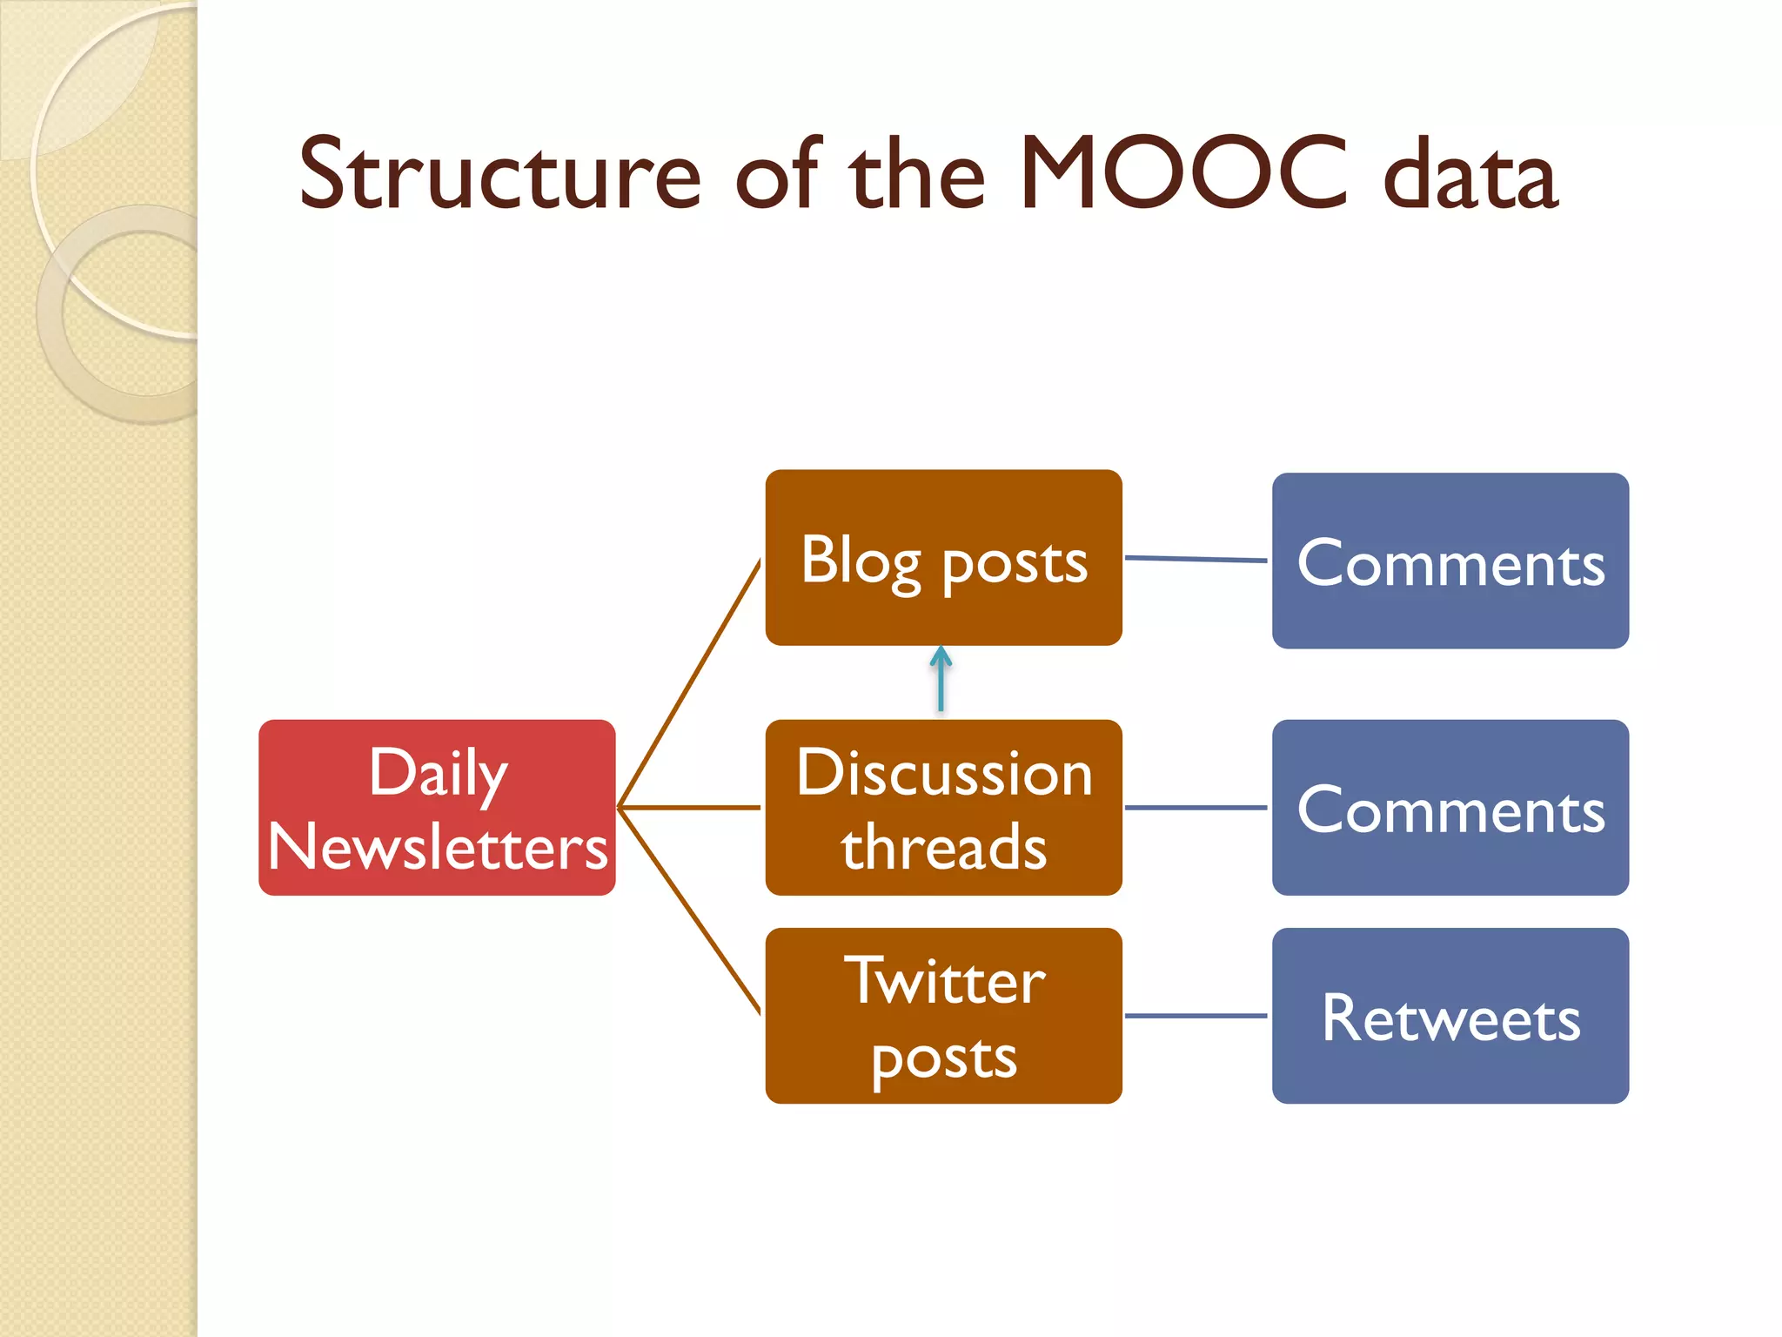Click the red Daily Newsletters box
pyautogui.click(x=437, y=807)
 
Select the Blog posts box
pyautogui.click(x=943, y=557)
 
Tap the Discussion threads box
pyautogui.click(x=943, y=807)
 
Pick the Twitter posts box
pyautogui.click(x=943, y=1015)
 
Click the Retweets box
pyautogui.click(x=1450, y=1015)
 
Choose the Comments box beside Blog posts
pyautogui.click(x=1450, y=561)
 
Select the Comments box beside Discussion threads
pyautogui.click(x=1450, y=807)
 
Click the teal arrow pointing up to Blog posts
pyautogui.click(x=941, y=681)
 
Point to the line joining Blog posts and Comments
pyautogui.click(x=1196, y=559)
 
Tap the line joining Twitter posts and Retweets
pyautogui.click(x=1196, y=1015)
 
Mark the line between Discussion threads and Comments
pyautogui.click(x=1196, y=808)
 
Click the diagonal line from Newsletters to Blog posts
pyautogui.click(x=689, y=684)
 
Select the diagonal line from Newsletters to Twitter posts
pyautogui.click(x=689, y=910)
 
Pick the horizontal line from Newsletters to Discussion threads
pyautogui.click(x=689, y=808)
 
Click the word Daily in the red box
pyautogui.click(x=438, y=772)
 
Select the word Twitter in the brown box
pyautogui.click(x=944, y=981)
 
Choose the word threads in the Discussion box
pyautogui.click(x=944, y=847)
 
